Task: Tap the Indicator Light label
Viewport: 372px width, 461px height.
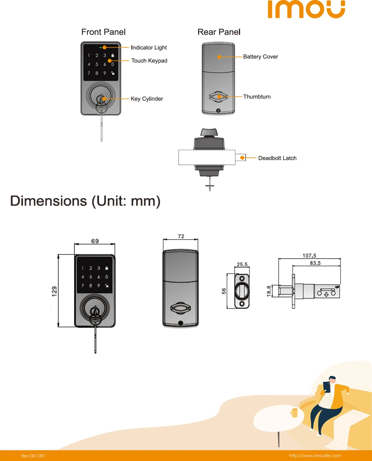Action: tap(149, 48)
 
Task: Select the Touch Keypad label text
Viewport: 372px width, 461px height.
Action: tap(149, 61)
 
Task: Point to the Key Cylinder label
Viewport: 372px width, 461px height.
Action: tap(147, 99)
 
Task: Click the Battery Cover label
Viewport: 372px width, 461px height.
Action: tap(260, 57)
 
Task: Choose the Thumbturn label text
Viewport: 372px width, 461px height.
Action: tap(257, 97)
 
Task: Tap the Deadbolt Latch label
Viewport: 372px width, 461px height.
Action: tap(278, 158)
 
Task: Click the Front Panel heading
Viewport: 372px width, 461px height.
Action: tap(103, 32)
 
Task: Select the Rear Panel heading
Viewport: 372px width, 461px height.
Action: tap(219, 32)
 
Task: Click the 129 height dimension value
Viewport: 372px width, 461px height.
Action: tap(55, 291)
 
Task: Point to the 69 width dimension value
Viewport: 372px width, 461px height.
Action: tap(95, 241)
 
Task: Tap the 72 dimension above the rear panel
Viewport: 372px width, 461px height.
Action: tap(181, 236)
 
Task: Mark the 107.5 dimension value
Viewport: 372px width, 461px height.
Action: tap(309, 256)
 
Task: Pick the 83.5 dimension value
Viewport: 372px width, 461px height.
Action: tap(315, 263)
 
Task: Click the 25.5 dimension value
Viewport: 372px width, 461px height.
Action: tap(242, 265)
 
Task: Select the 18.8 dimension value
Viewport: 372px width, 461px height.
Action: tap(269, 291)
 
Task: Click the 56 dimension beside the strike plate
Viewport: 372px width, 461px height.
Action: tap(224, 291)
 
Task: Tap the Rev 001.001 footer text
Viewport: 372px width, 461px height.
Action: tap(33, 456)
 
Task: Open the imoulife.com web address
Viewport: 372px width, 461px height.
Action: tap(315, 455)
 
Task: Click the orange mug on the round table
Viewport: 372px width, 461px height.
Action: tap(294, 412)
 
